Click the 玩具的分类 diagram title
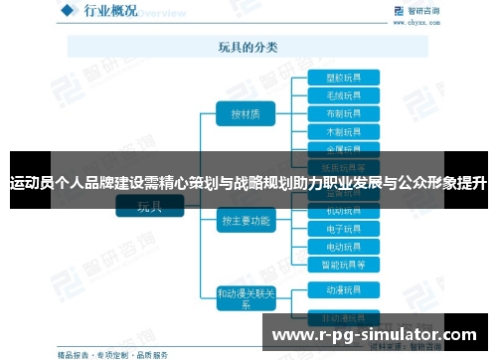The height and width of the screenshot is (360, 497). coord(248,46)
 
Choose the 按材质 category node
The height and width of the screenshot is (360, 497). coord(246,114)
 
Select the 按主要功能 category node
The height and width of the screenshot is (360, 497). coord(246,221)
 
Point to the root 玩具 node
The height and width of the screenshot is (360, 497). coord(149,207)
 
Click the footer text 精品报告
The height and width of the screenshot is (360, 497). coord(73,353)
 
